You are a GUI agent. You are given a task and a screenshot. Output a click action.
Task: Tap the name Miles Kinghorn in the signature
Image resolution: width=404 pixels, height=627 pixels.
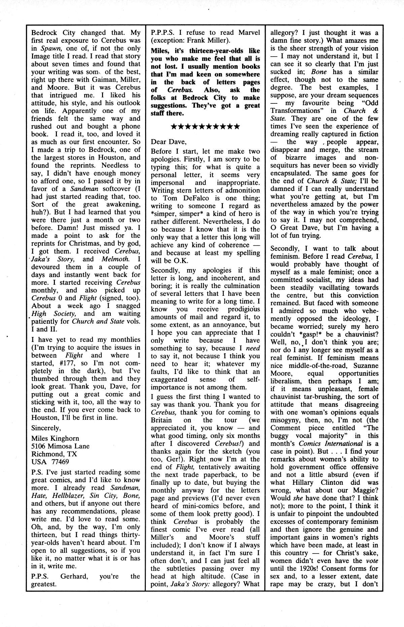pyautogui.click(x=55, y=438)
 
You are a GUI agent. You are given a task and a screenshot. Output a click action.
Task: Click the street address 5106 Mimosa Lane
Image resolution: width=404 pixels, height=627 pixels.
pyautogui.click(x=60, y=446)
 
